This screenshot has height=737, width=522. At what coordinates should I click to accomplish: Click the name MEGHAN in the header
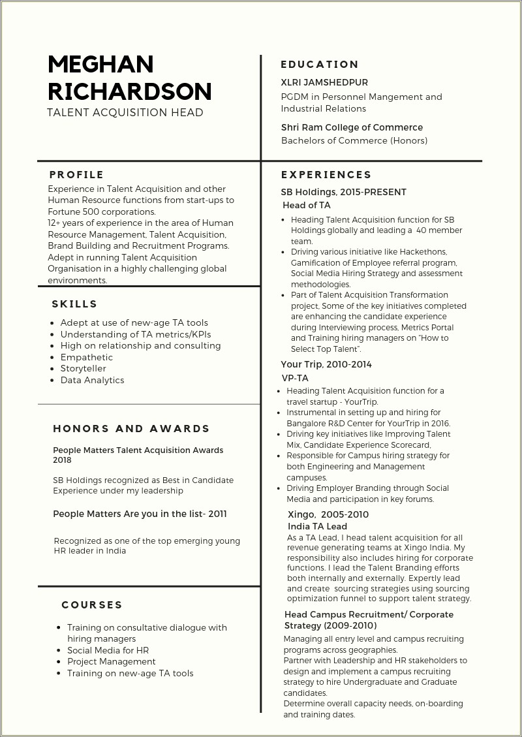coord(100,64)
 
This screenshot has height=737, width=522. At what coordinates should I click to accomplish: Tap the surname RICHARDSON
coord(129,91)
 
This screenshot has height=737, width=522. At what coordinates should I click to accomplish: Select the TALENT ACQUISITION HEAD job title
coord(125,112)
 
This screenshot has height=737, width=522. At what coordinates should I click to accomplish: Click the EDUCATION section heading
coord(320,64)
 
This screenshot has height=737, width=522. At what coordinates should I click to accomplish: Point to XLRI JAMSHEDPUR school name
coord(324,82)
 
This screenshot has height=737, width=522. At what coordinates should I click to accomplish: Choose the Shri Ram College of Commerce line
coord(352,127)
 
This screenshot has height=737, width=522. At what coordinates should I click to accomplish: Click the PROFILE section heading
coord(76,174)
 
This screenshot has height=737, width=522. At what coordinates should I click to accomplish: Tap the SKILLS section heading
coord(74,304)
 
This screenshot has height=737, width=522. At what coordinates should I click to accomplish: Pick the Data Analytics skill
coord(92,380)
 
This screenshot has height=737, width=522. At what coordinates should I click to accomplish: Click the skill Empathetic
coord(87,357)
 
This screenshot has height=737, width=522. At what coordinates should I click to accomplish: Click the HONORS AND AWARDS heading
coord(131,428)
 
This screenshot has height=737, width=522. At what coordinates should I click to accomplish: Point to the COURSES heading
coord(92,604)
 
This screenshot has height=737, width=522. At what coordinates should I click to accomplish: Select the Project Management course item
coord(111,661)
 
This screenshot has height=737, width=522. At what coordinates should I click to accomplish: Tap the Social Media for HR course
coord(108,650)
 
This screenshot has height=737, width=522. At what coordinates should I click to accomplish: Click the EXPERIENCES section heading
coord(326,174)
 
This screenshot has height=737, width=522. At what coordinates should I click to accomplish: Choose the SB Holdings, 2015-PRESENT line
coord(343,192)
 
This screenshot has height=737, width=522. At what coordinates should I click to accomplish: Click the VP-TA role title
coord(295,378)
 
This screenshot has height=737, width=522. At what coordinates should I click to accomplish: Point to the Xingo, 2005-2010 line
coord(328,514)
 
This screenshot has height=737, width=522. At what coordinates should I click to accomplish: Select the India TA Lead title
coord(317,526)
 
